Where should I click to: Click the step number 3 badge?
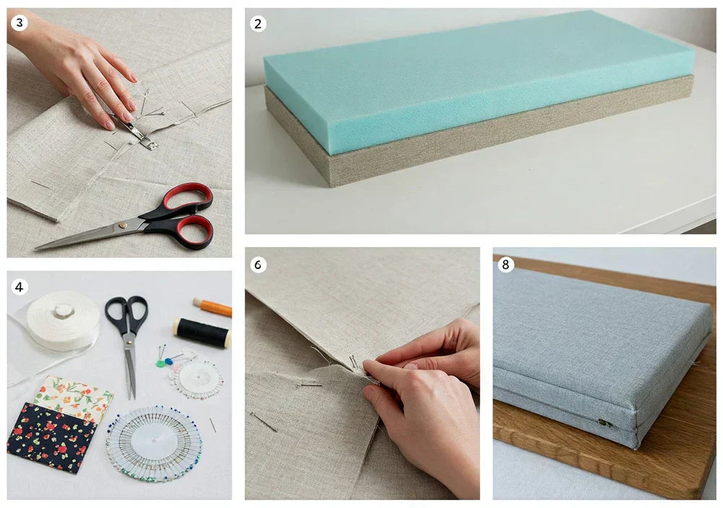tap(20, 23)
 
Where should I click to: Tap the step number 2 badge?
tap(258, 24)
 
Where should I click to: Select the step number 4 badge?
tap(20, 287)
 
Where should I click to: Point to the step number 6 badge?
tap(258, 264)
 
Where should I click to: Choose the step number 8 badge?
tap(506, 264)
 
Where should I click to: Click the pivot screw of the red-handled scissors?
tap(124, 225)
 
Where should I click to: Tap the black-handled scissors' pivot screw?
tap(128, 332)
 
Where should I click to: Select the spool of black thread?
tap(202, 332)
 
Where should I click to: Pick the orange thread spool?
tap(213, 307)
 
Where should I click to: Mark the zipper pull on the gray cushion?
tap(604, 423)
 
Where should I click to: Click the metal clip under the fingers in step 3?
tap(137, 134)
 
